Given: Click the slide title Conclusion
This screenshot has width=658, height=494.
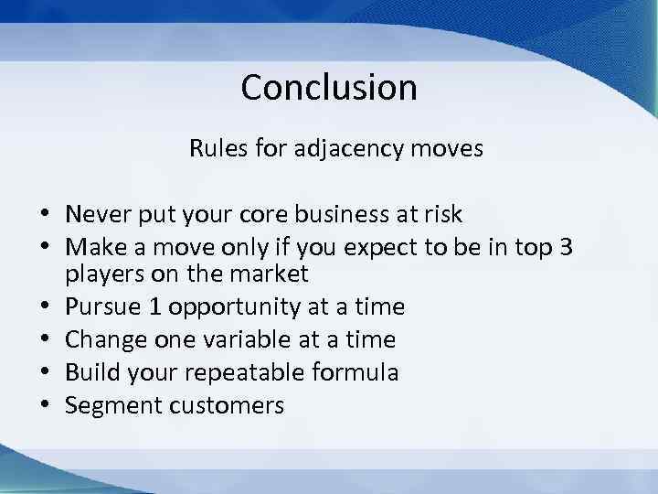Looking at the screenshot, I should click(x=329, y=88).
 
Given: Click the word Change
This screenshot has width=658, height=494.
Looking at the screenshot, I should click(x=102, y=340).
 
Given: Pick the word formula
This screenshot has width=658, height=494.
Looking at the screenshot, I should click(x=355, y=372).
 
